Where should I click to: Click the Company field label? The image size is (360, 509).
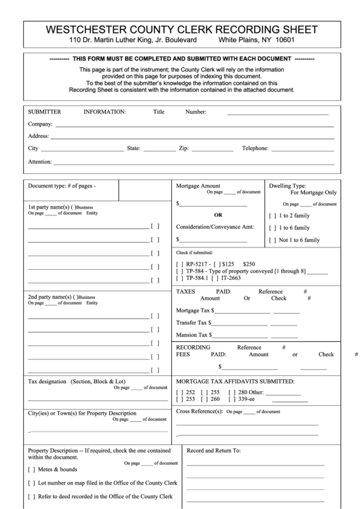[x=40, y=124]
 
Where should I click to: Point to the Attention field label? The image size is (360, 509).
[x=40, y=162]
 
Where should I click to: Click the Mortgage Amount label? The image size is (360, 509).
[x=198, y=186]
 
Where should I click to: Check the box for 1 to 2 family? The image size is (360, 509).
[x=273, y=215]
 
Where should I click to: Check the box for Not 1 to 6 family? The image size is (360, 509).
[x=273, y=240]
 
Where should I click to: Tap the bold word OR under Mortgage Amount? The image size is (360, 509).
[x=218, y=215]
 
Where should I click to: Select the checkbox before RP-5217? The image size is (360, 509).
[x=179, y=263]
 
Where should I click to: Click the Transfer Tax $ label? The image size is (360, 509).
[x=194, y=322]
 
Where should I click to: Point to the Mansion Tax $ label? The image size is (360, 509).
[x=194, y=334]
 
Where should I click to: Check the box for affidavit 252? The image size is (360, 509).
[x=179, y=392]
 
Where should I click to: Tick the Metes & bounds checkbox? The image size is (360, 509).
[x=31, y=469]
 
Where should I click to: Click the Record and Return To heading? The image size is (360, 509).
[x=214, y=451]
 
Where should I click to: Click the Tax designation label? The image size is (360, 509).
[x=48, y=381]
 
